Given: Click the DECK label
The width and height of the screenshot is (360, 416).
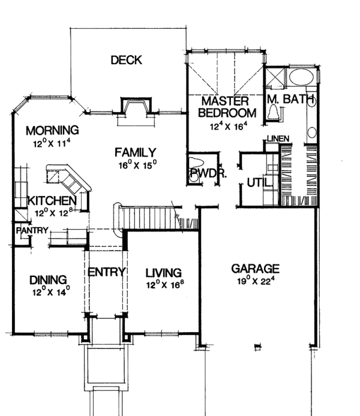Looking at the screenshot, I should click(126, 60).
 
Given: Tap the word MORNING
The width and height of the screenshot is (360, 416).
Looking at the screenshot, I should click(52, 130).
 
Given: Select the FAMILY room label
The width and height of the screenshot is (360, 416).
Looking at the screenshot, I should click(136, 152).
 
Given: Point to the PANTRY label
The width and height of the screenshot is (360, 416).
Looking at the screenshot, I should click(28, 230).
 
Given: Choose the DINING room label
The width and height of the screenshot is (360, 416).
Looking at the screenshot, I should click(47, 279).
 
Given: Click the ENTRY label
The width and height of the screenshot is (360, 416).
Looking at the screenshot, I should click(106, 272).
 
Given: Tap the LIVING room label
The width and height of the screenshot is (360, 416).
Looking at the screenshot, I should click(164, 273).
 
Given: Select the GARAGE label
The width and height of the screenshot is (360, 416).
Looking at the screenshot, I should click(256, 268).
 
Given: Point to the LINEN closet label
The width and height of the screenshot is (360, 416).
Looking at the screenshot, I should click(278, 139).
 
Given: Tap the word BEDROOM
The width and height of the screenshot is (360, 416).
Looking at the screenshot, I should click(227, 113).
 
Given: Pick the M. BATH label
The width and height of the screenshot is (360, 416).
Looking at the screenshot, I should click(291, 99).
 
